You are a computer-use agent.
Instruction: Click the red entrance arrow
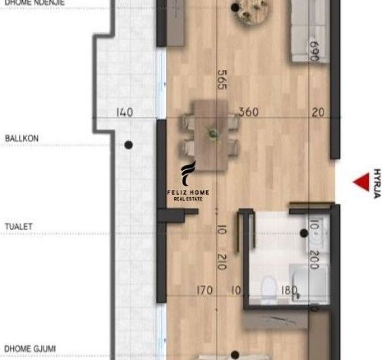point(361,182)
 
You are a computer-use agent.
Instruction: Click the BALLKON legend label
point(22,139)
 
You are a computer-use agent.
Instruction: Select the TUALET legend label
point(19,227)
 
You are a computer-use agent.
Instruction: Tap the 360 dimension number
point(248,112)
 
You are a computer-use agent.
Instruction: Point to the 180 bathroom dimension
point(288,291)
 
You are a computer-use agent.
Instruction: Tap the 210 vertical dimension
point(221,261)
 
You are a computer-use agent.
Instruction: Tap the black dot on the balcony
point(128,145)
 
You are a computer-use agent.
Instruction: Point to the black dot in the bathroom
point(303,232)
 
